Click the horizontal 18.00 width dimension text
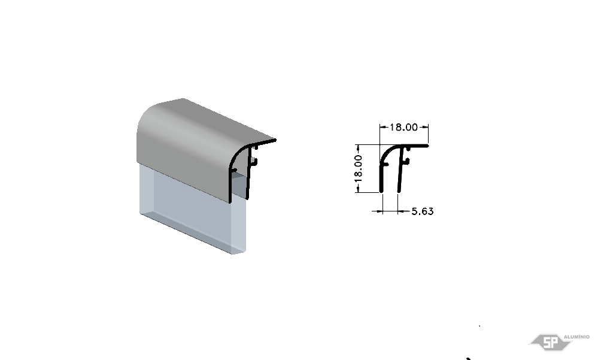pyautogui.click(x=403, y=127)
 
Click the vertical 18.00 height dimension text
pyautogui.click(x=359, y=168)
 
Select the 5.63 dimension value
pyautogui.click(x=423, y=211)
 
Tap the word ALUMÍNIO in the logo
pyautogui.click(x=576, y=337)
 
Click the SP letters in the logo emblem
pyautogui.click(x=550, y=343)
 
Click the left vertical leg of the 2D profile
pyautogui.click(x=381, y=177)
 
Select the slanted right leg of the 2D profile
pyautogui.click(x=400, y=170)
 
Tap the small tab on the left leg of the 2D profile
pyautogui.click(x=385, y=165)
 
